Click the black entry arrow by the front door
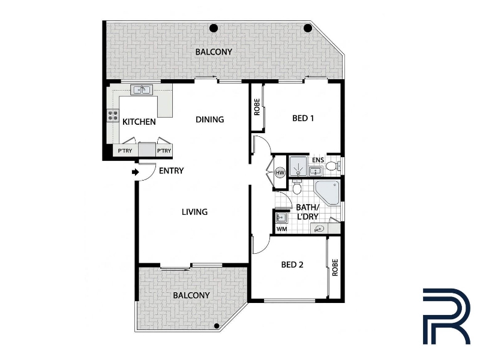pos(135,172)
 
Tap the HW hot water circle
pos(280,173)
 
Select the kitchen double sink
pos(142,89)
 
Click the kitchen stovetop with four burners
pos(113,116)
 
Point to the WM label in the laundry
pos(281,229)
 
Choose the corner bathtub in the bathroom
pos(327,193)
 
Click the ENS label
pos(318,160)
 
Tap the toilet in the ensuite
pos(333,166)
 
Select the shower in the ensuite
pos(298,167)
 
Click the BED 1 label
pos(303,118)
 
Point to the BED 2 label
pos(292,265)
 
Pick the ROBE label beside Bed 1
pos(257,107)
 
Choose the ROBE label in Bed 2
pos(335,268)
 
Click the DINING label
pos(209,119)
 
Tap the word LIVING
pos(194,212)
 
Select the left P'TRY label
pos(125,151)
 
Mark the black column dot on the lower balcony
pos(217,326)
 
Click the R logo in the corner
pos(446,316)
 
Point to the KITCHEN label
pos(139,122)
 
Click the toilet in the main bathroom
pos(297,187)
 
